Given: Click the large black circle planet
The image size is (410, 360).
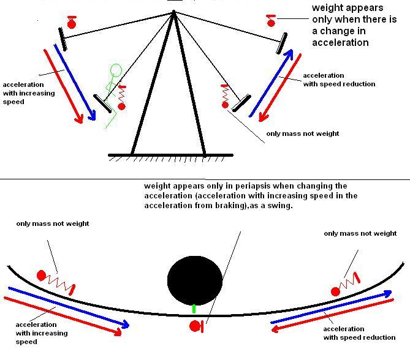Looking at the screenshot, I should [195, 280].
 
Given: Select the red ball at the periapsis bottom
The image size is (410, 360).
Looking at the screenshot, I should [195, 325].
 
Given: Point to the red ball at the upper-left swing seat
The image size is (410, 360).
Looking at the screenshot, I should [72, 24].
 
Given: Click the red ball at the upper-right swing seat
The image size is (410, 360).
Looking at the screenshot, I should [271, 23].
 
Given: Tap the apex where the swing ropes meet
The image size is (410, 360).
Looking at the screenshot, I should [174, 12].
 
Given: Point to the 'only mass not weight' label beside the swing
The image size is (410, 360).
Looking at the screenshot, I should [302, 133].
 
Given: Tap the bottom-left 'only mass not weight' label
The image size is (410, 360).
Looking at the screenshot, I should [53, 224].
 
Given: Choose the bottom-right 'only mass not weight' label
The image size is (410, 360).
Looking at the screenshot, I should [360, 233].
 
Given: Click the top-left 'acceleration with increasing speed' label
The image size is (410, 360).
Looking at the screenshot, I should [28, 93].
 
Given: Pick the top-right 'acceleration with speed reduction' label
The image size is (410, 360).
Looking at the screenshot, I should [339, 80].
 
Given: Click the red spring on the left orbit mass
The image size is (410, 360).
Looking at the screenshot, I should [61, 281].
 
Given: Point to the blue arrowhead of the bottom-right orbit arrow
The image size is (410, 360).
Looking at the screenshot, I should [387, 294].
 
